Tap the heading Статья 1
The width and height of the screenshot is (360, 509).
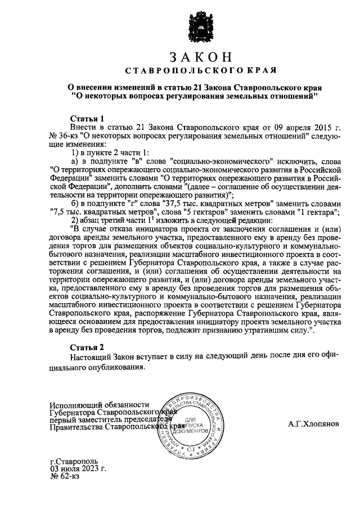87,119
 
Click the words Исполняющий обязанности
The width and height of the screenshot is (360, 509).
99,405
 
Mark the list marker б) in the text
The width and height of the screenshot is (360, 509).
75,203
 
